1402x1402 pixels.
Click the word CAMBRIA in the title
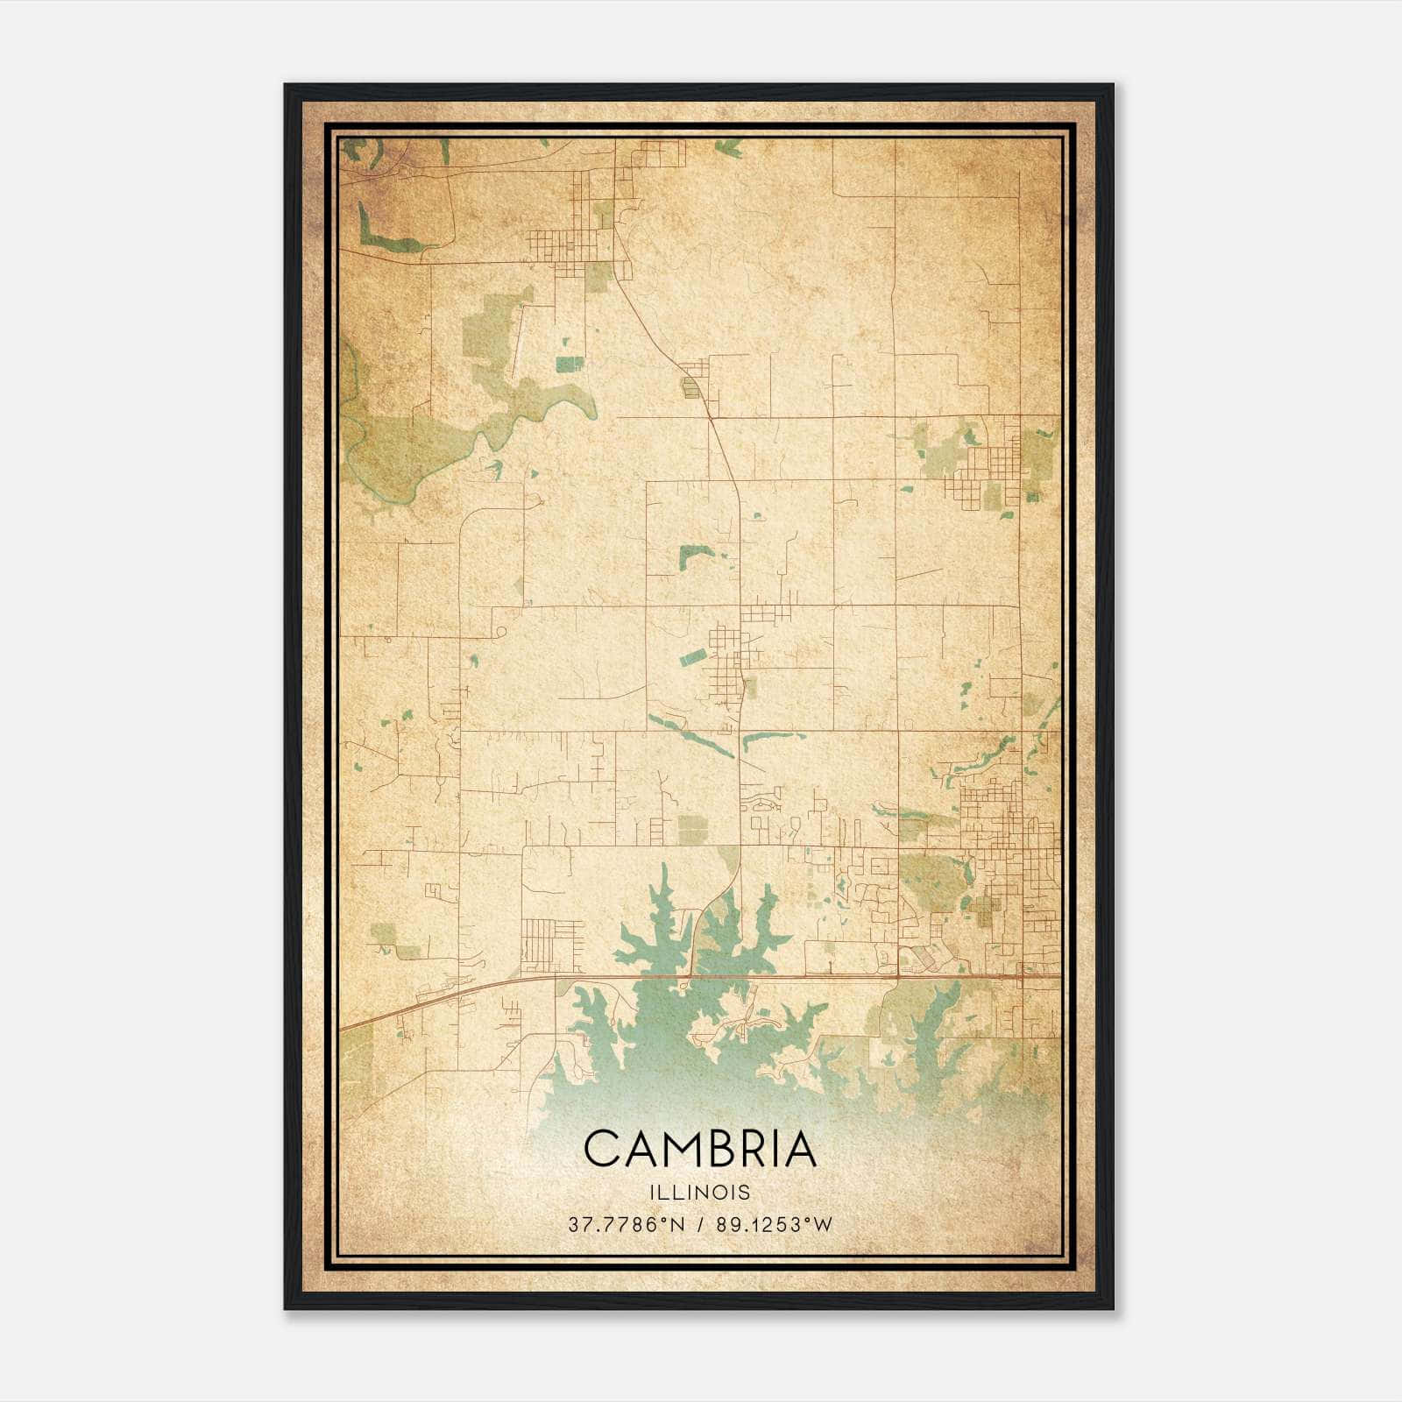point(699,1149)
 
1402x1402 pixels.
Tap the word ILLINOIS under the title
point(699,1192)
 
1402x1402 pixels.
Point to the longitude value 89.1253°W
point(774,1224)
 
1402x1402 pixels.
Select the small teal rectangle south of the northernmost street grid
point(569,362)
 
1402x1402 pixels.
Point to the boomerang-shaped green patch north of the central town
point(694,556)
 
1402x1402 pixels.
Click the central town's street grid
point(727,662)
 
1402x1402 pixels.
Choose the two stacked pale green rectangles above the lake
point(692,828)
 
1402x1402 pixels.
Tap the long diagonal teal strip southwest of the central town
point(690,736)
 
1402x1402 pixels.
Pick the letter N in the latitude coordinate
point(676,1224)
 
